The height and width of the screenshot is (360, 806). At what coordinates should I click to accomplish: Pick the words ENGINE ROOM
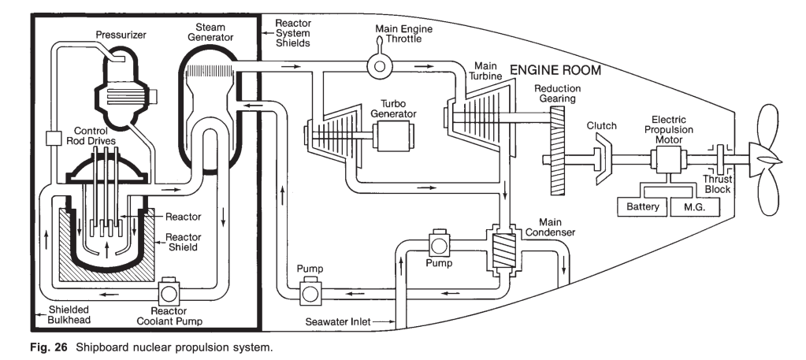point(555,70)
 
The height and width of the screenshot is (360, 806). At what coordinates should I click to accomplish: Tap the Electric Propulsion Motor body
point(664,160)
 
